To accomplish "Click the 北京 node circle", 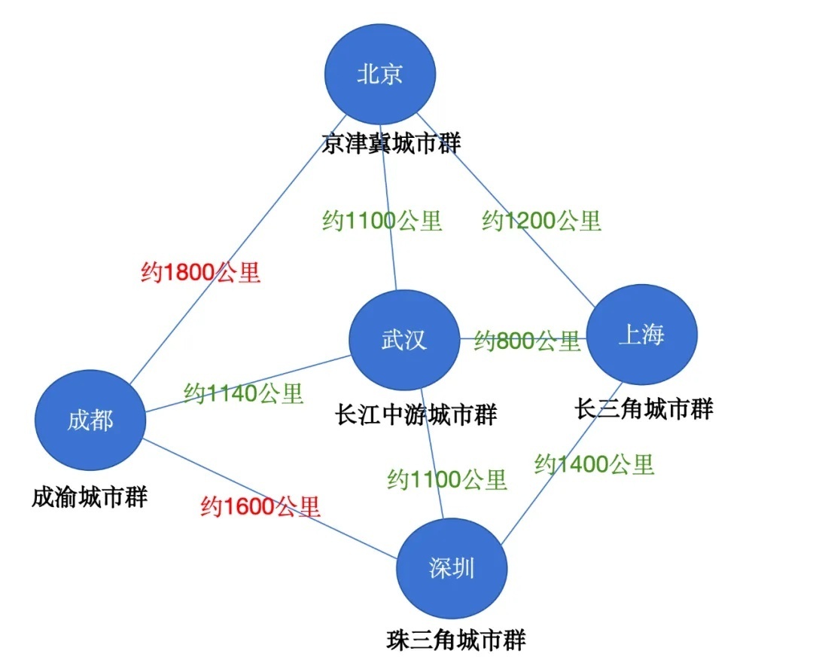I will point(380,73).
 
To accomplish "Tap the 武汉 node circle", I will point(404,340).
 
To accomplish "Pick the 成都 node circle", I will point(90,420).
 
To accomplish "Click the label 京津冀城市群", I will point(391,142).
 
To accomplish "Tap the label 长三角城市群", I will point(644,409).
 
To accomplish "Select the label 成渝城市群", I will point(90,497).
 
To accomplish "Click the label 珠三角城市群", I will point(455,640).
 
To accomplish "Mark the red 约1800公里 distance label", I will point(201,272).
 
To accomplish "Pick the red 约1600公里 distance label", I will point(260,506).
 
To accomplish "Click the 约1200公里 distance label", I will point(542,221).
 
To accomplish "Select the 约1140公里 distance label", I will point(243,393).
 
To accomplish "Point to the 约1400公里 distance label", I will point(594,464).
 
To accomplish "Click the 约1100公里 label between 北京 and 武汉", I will point(382,221).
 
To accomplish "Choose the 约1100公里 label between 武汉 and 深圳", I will point(447,479).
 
